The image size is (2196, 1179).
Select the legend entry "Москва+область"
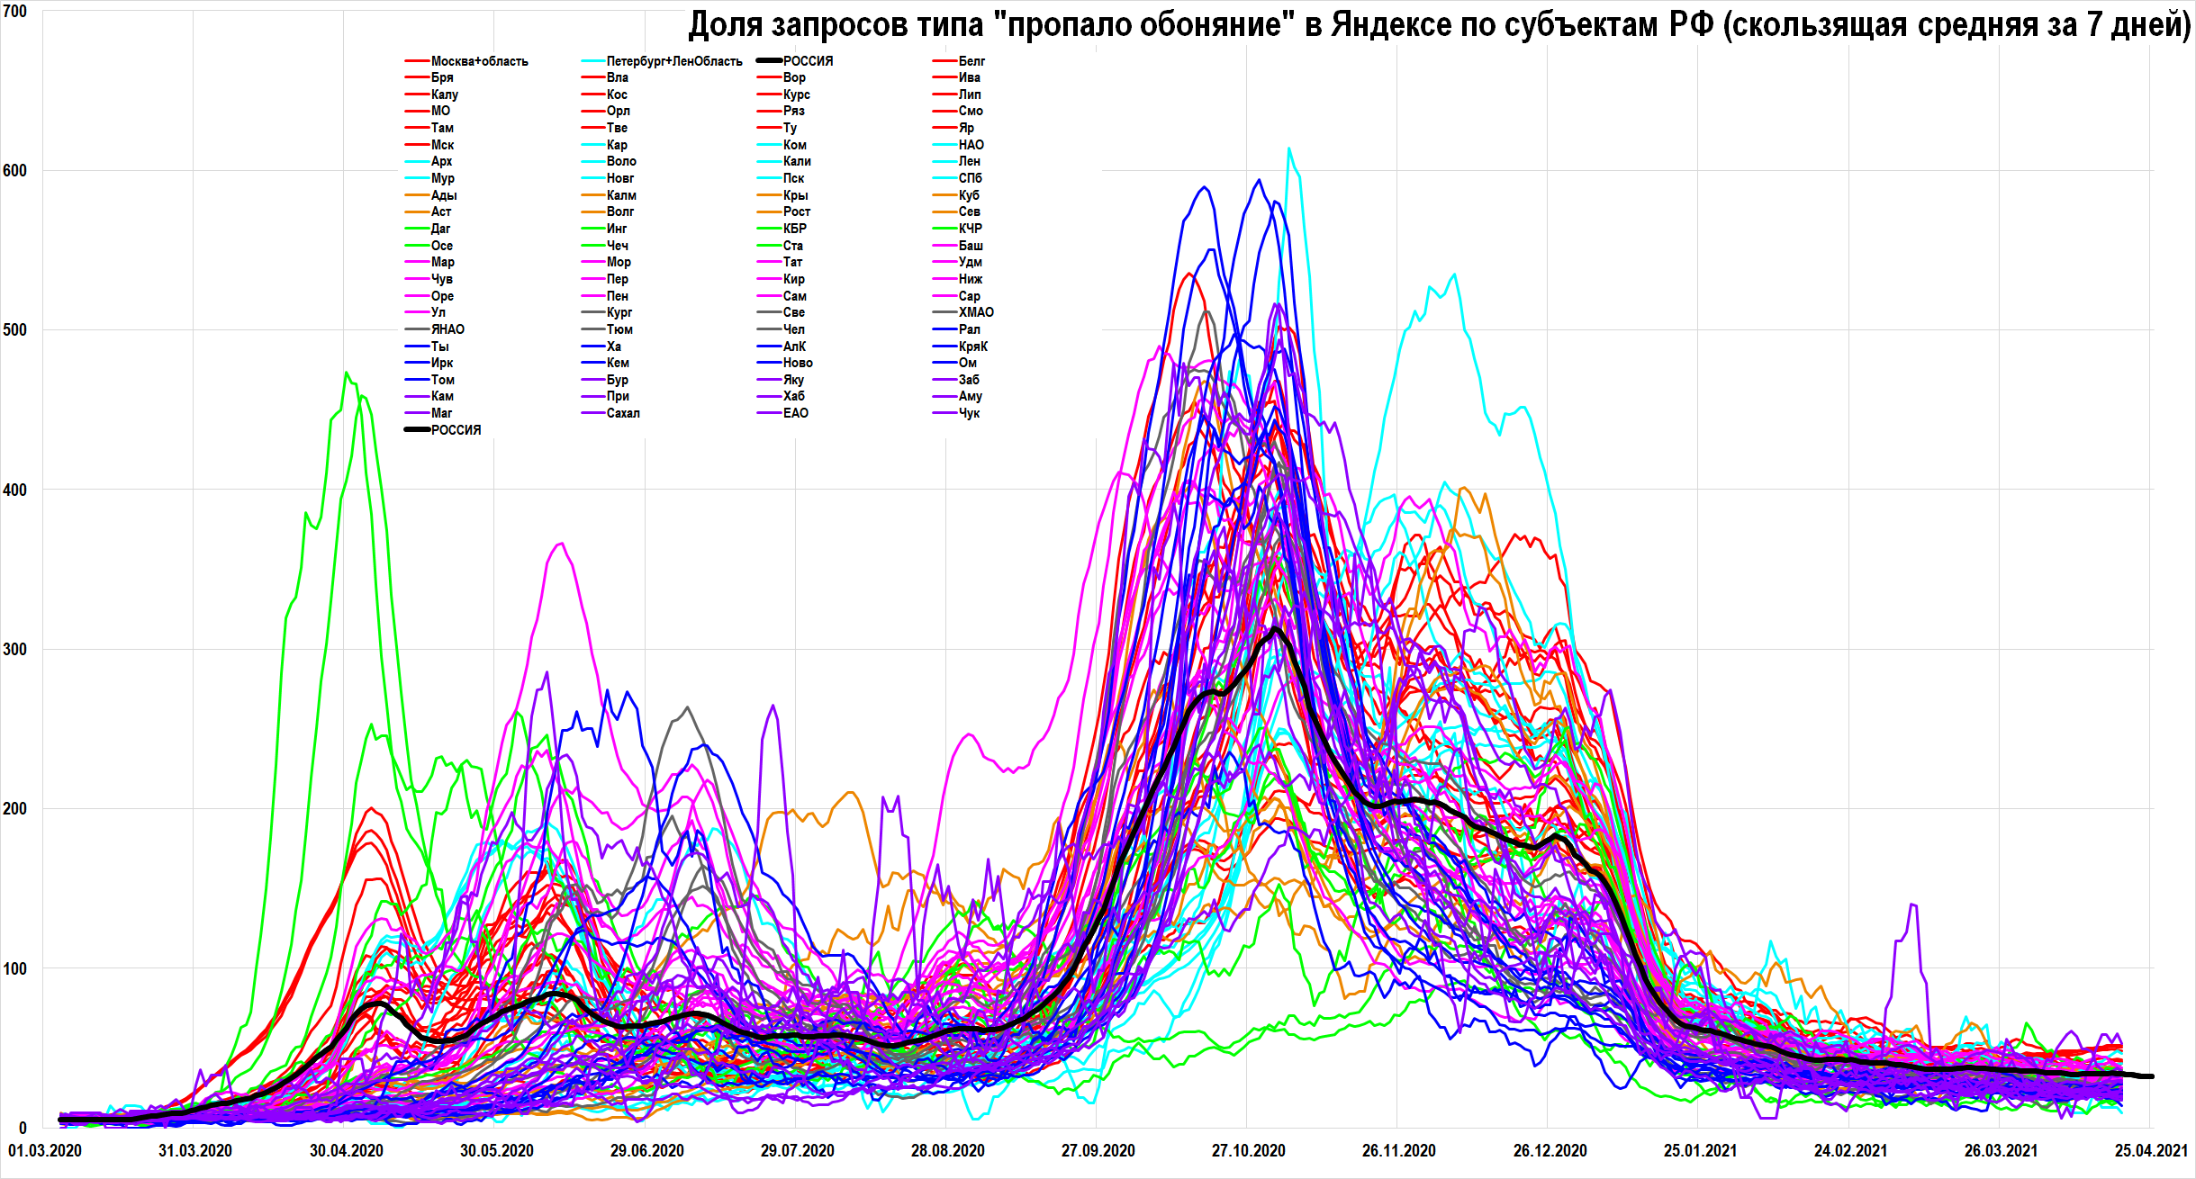pyautogui.click(x=479, y=61)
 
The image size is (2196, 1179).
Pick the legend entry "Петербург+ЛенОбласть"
pyautogui.click(x=673, y=61)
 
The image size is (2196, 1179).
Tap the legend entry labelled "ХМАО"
pyautogui.click(x=976, y=312)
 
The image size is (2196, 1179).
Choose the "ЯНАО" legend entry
pyautogui.click(x=447, y=329)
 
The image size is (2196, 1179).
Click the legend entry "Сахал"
pyautogui.click(x=623, y=413)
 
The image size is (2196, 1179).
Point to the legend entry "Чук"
pyautogui.click(x=969, y=413)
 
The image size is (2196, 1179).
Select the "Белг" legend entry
pyautogui.click(x=971, y=61)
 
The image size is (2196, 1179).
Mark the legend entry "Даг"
pyautogui.click(x=440, y=229)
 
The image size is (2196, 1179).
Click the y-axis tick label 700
pyautogui.click(x=14, y=12)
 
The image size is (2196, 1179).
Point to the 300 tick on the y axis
pyautogui.click(x=14, y=649)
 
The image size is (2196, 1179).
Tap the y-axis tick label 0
pyautogui.click(x=22, y=1128)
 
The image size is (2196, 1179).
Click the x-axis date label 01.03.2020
pyautogui.click(x=45, y=1151)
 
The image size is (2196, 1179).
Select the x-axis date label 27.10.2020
pyautogui.click(x=1248, y=1151)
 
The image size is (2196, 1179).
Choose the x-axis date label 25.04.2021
pyautogui.click(x=2151, y=1151)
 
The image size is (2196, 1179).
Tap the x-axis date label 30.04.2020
pyautogui.click(x=347, y=1151)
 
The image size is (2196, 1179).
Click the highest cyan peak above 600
pyautogui.click(x=1288, y=149)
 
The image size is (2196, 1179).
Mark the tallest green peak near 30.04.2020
pyautogui.click(x=347, y=373)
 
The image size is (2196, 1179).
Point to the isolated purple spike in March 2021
pyautogui.click(x=1912, y=904)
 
